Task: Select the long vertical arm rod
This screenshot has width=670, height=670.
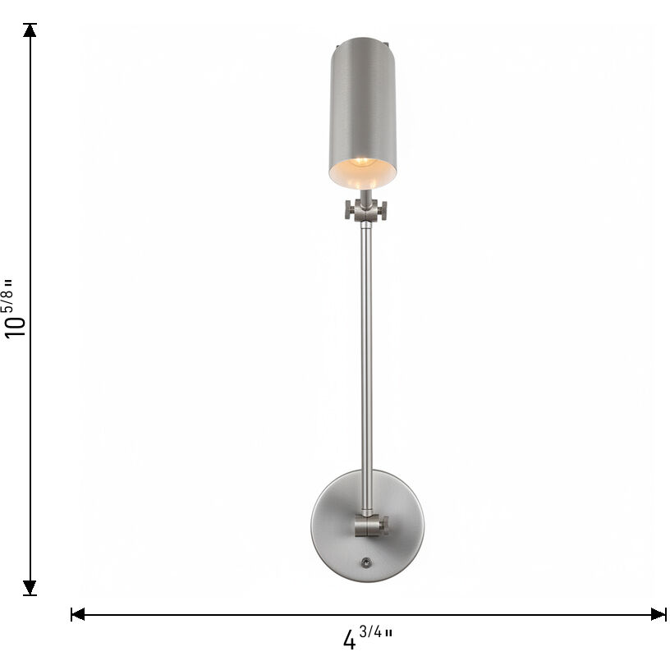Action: pyautogui.click(x=365, y=345)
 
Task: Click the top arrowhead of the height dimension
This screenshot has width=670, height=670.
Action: pyautogui.click(x=30, y=30)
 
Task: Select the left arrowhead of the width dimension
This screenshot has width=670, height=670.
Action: pyautogui.click(x=78, y=613)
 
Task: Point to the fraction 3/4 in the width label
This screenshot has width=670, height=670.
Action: pyautogui.click(x=372, y=633)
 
